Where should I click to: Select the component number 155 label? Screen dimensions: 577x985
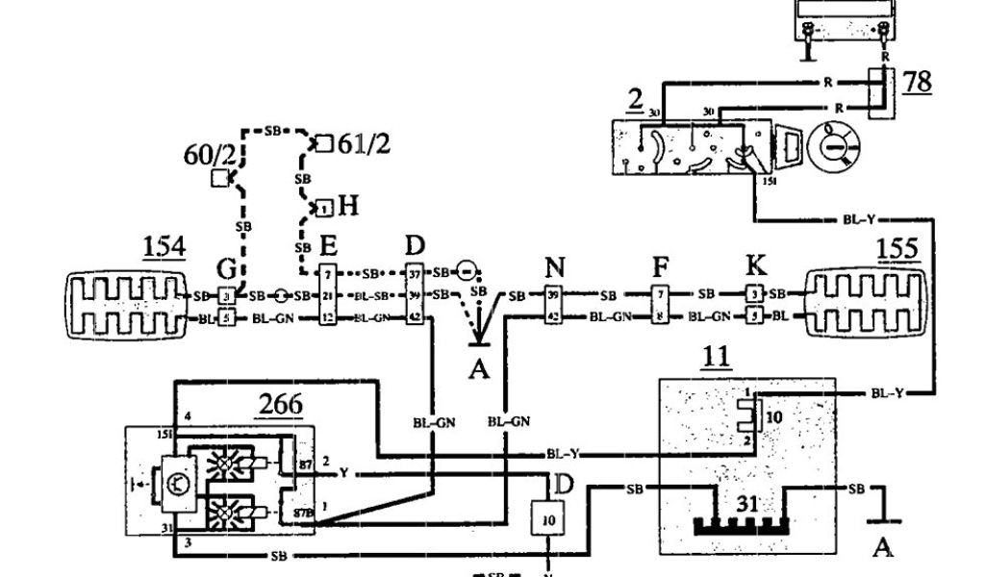[897, 247]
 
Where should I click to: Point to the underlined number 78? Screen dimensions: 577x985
[918, 81]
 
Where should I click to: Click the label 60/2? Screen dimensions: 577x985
[204, 154]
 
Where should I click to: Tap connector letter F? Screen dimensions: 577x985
[660, 267]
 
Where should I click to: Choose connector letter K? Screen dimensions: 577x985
[755, 265]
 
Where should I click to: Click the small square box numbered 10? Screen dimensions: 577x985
[547, 518]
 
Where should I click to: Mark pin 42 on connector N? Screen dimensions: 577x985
[553, 314]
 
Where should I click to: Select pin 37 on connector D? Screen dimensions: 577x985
[416, 273]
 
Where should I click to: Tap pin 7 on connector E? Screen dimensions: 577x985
[327, 274]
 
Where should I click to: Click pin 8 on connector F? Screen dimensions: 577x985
[660, 314]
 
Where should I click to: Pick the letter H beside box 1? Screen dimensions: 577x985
[347, 205]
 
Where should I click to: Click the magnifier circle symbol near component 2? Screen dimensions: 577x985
[832, 145]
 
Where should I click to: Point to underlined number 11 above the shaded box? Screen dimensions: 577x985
[716, 359]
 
